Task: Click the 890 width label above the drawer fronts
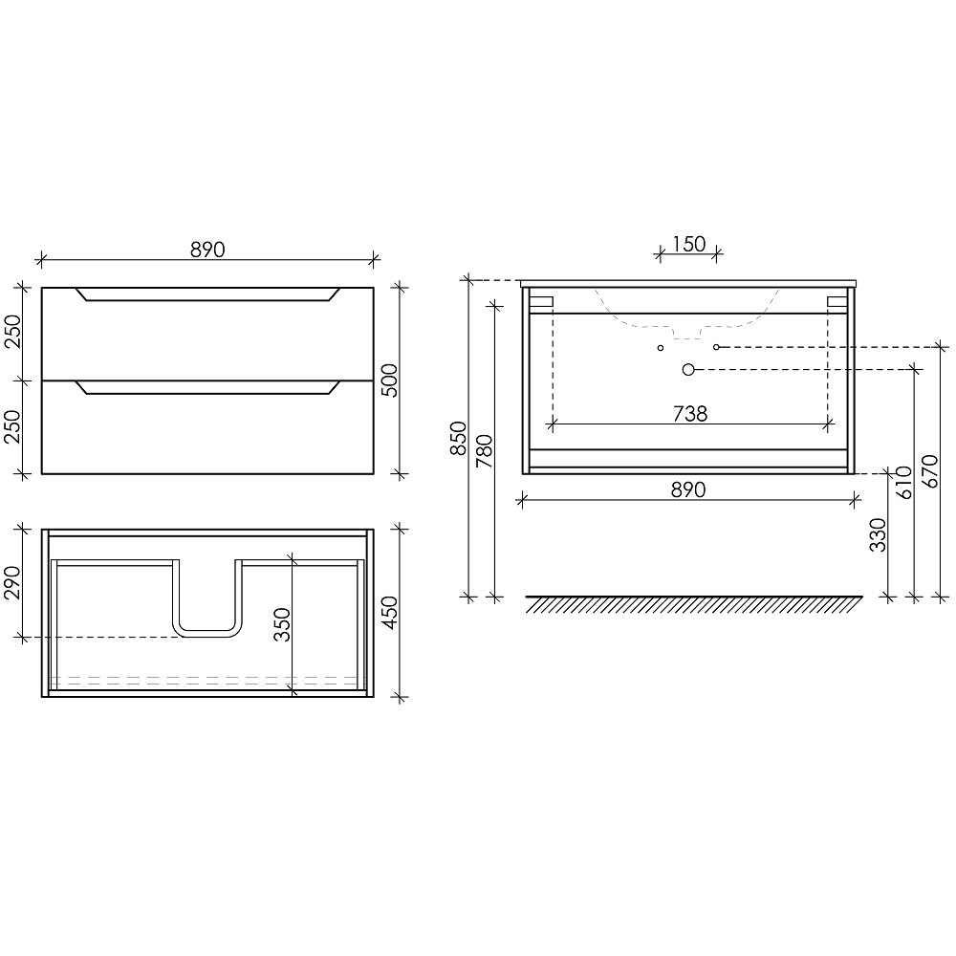207,250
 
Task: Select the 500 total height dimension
390,380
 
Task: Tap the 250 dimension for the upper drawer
12,332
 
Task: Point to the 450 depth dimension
390,613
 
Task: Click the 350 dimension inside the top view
282,624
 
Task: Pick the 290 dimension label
12,583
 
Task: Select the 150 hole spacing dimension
689,244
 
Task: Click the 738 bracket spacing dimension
690,414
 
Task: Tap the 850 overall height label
458,439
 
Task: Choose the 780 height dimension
484,451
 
